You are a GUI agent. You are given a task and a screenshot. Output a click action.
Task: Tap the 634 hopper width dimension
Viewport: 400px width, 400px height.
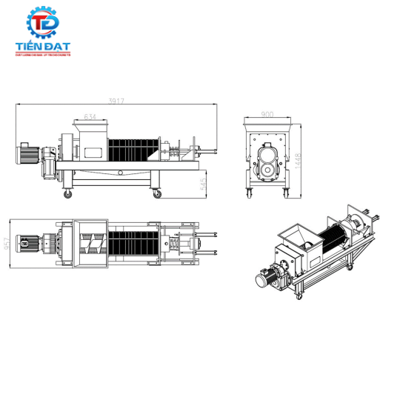tap(90, 116)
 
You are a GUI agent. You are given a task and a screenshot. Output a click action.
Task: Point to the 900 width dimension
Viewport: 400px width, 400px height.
tap(267, 115)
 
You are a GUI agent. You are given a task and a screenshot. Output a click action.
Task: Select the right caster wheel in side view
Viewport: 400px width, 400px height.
tap(157, 194)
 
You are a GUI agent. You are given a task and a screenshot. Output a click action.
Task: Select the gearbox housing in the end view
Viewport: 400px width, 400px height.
tap(267, 160)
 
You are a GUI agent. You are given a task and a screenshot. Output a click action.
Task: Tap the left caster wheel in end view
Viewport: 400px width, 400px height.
tap(250, 194)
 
